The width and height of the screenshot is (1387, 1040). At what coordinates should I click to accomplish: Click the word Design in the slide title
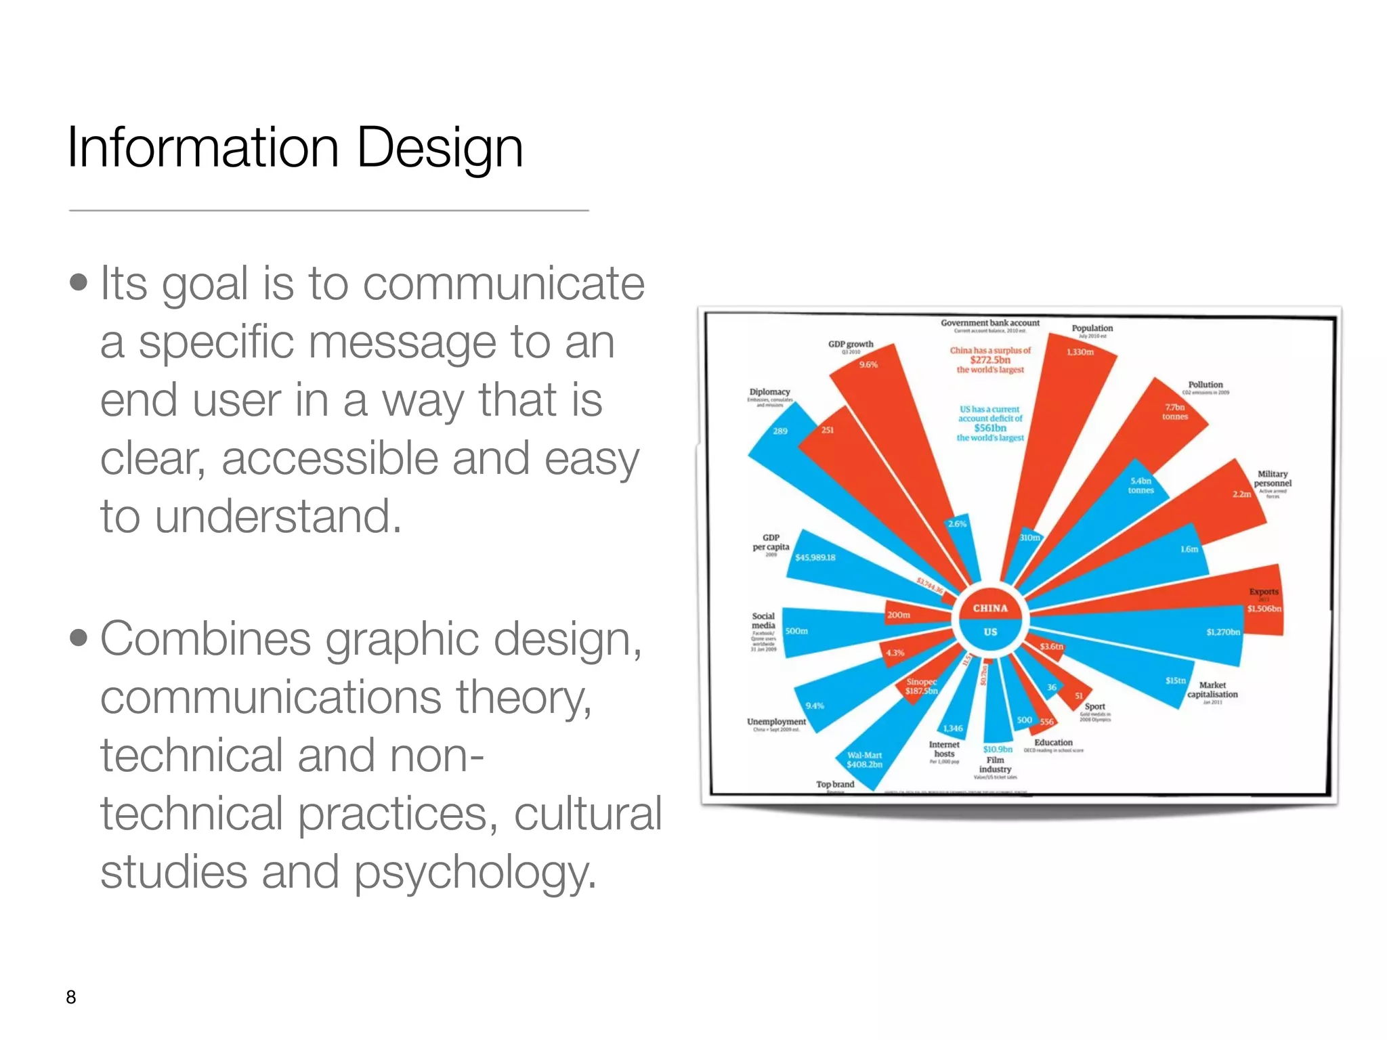coord(439,148)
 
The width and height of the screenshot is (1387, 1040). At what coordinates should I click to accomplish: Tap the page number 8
coord(71,997)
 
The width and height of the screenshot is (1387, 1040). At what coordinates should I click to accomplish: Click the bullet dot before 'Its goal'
coord(79,282)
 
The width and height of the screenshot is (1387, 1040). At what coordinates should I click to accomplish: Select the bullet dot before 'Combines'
coord(79,638)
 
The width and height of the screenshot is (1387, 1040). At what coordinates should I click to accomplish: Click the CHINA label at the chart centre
coord(990,608)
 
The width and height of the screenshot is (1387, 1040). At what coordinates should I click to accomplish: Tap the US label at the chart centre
coord(990,632)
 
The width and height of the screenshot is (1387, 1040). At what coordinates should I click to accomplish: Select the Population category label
coord(1092,328)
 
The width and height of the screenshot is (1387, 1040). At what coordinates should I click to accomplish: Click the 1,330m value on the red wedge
coord(1080,352)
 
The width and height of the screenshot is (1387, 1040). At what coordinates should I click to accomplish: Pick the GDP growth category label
coord(851,344)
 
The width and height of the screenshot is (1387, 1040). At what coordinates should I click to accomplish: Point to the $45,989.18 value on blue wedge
coord(815,557)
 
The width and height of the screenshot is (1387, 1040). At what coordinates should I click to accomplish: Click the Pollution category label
coord(1205,385)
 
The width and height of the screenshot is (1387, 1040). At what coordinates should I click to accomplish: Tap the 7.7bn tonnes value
coord(1175,412)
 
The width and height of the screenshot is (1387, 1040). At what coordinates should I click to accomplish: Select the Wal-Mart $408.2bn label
coord(864,760)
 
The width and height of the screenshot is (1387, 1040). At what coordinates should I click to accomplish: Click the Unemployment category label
coord(776,722)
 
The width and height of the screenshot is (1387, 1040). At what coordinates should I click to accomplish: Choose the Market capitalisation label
coord(1212,690)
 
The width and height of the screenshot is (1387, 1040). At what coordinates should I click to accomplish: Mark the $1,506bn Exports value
coord(1264,609)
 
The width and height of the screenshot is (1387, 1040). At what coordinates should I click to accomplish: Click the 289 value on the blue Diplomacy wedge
coord(780,431)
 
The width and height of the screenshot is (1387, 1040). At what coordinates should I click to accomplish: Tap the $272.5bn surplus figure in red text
coord(990,360)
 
